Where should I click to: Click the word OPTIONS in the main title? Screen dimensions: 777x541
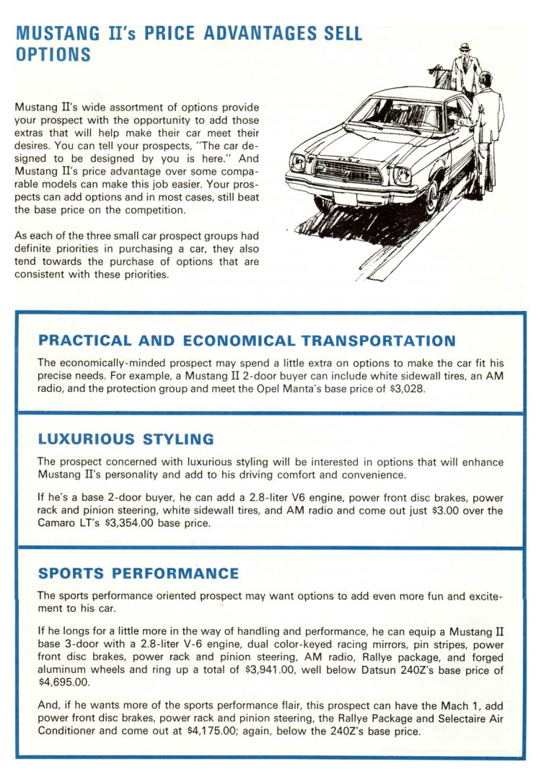[53, 55]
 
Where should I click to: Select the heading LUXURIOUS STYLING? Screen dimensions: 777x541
[126, 439]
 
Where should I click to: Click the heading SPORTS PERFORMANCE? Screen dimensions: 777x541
[138, 574]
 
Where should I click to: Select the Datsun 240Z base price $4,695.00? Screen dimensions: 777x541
[63, 682]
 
